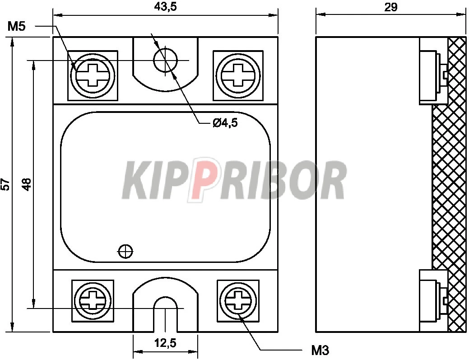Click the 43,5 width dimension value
click(165, 7)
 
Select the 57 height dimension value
click(6, 185)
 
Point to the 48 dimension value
click(27, 184)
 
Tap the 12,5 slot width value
click(165, 343)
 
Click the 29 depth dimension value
click(391, 7)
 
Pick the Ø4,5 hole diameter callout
click(225, 123)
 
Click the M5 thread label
click(17, 27)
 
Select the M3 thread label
click(320, 350)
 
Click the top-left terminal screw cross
click(93, 75)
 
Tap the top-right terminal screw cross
click(238, 75)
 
